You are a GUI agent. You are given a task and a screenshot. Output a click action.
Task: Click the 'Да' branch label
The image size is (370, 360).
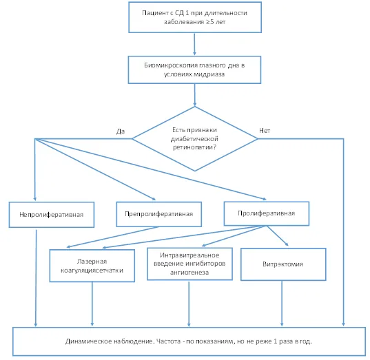pos(121,131)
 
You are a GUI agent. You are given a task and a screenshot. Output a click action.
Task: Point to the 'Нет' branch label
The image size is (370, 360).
pos(265,130)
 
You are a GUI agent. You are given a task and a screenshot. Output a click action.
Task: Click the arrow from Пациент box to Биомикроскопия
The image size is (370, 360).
pos(194,44)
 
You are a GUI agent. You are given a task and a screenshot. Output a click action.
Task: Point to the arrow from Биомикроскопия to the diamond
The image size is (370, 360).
pos(195,95)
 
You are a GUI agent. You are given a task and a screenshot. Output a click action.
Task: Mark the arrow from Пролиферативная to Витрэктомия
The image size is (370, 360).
pos(278,236)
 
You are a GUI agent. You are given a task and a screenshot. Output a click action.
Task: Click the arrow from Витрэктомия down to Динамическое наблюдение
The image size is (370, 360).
pos(282,304)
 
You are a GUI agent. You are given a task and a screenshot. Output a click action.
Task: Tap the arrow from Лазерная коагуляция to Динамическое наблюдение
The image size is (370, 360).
pos(92,304)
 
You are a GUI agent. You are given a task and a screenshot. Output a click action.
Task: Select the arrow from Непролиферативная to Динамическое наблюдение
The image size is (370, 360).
pos(36,278)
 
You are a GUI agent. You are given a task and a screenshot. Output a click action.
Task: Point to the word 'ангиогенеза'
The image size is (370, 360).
pos(189,273)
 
